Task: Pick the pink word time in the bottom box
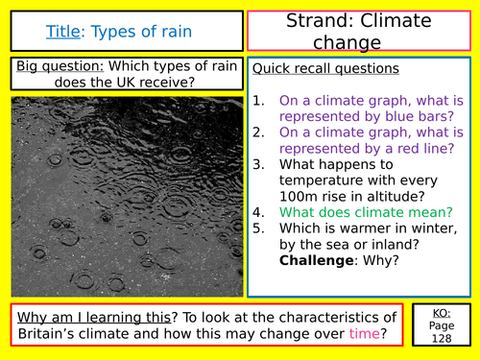(366, 334)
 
